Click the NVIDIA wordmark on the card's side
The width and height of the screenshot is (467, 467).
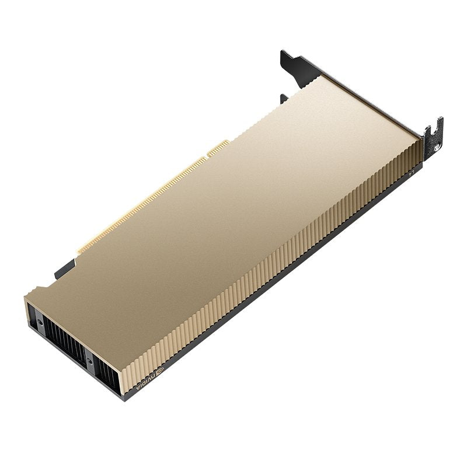(x=144, y=382)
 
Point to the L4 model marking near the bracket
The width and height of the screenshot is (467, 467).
(x=411, y=171)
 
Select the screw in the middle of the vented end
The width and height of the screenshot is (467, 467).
(x=89, y=360)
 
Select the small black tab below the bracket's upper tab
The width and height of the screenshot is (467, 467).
(x=284, y=99)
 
